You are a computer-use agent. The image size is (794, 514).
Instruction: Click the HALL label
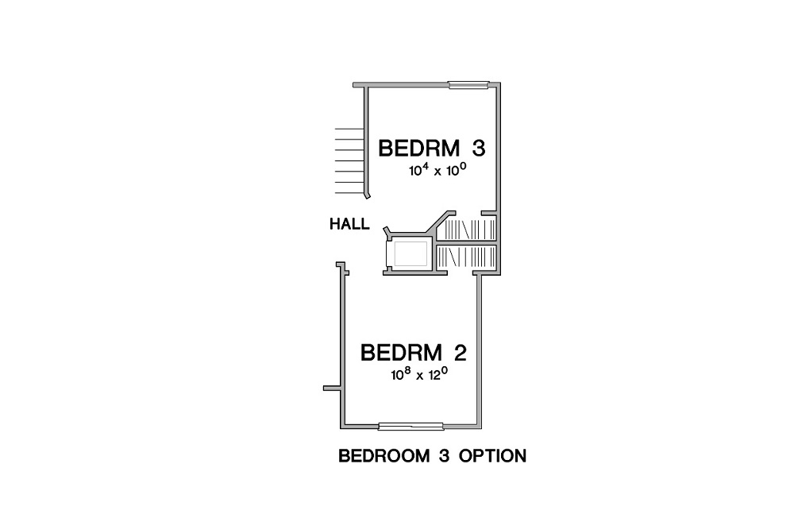coord(349,224)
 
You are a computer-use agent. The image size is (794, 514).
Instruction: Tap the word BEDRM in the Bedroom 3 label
coord(418,149)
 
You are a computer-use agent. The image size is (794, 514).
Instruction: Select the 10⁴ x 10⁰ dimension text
coord(437,170)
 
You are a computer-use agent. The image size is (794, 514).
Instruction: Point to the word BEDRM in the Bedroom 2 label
coord(400,353)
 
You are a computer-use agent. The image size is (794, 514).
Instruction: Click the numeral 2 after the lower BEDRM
coord(460,353)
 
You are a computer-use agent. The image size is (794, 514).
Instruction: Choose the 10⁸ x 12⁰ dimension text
coord(419,374)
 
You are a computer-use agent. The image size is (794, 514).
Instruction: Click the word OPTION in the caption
coord(493,456)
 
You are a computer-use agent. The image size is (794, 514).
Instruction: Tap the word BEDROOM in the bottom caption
coord(384,456)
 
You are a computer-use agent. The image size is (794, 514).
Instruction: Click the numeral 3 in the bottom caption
coord(445,456)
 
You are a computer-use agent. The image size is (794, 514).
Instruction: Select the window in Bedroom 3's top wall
coord(469,85)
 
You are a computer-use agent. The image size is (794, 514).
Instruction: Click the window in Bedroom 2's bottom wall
coord(411,427)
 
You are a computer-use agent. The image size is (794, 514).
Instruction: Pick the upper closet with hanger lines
coord(466,230)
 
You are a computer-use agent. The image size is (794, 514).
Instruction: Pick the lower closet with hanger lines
coord(466,257)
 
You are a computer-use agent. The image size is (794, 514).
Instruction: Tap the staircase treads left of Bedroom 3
coord(349,160)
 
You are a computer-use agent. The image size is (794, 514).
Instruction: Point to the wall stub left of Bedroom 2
coord(332,388)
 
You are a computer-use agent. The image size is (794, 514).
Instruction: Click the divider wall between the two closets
coord(466,243)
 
